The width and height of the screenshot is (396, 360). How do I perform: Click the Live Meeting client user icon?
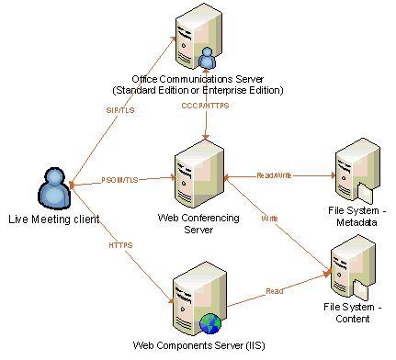tap(54, 188)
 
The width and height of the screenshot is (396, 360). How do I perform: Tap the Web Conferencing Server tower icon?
tap(199, 174)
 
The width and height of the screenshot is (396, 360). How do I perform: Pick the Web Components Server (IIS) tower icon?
tap(199, 299)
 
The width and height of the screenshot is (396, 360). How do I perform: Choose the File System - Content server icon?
tap(354, 268)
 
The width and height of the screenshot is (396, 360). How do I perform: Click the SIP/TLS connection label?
tap(120, 110)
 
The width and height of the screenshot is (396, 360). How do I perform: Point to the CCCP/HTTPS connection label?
tap(205, 106)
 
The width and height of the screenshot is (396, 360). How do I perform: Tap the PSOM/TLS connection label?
tap(119, 180)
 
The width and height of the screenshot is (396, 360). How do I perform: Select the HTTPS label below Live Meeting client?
tap(120, 245)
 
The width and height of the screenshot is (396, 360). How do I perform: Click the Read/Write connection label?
tap(274, 175)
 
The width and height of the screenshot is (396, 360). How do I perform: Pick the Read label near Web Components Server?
tap(275, 291)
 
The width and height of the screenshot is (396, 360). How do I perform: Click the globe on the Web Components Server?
tap(210, 323)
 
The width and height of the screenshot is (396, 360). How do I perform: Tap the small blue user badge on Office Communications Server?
tap(207, 58)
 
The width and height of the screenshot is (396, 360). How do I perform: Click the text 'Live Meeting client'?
tap(54, 219)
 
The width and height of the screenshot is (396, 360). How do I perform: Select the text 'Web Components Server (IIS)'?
tap(198, 345)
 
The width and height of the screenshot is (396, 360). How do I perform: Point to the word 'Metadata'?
tap(356, 222)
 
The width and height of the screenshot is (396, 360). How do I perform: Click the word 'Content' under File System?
tap(353, 319)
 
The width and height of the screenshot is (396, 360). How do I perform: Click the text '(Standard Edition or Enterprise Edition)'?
tap(198, 90)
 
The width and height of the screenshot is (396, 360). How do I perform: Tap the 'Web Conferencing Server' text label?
tap(198, 223)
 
